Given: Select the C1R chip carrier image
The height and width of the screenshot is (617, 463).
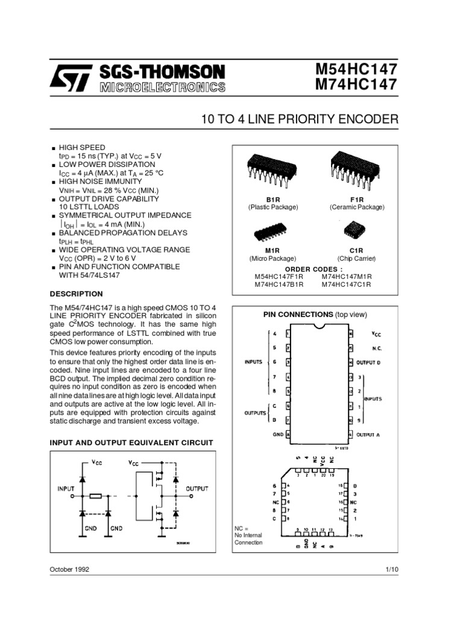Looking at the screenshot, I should coord(356,231).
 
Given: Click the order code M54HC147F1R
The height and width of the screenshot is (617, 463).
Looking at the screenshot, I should coord(279,277).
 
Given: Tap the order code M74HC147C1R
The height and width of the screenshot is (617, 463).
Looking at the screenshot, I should coord(347,284).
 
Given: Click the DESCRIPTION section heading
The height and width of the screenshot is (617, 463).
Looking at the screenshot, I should coord(76,294).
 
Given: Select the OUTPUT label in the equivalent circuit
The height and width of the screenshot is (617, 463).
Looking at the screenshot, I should coord(197,489).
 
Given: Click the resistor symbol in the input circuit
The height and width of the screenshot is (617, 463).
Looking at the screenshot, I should coord(95,496).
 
